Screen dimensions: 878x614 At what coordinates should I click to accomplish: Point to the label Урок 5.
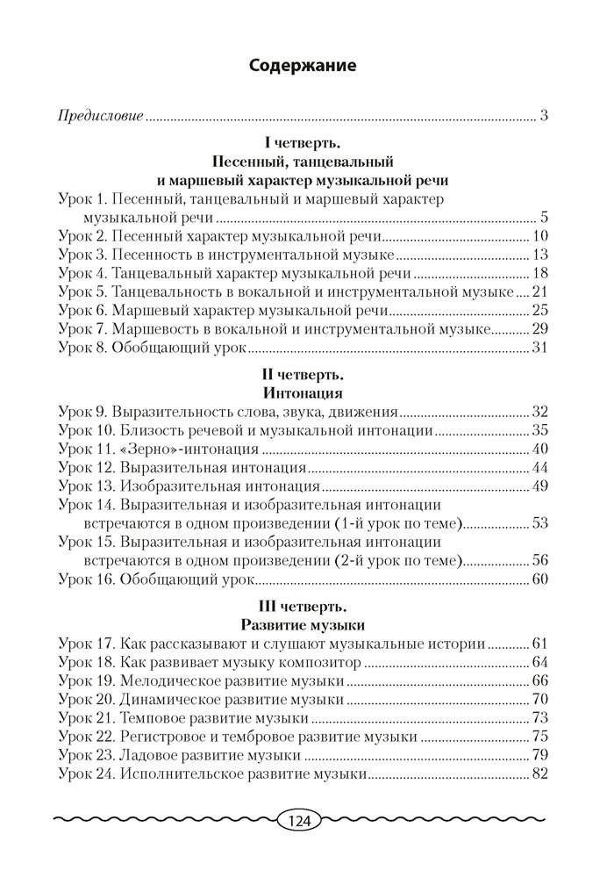pyautogui.click(x=81, y=292)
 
